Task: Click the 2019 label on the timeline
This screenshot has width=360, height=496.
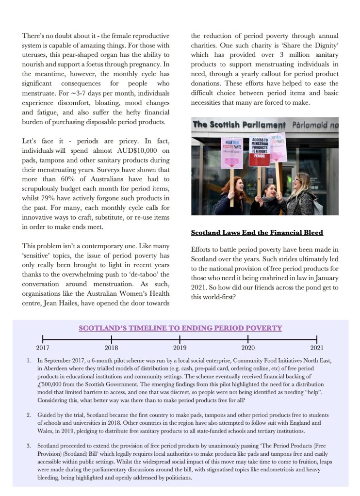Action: [180, 348]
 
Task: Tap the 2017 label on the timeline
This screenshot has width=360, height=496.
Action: [43, 348]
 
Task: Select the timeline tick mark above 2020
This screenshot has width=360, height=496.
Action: [248, 339]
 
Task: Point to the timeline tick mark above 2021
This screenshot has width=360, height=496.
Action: [317, 339]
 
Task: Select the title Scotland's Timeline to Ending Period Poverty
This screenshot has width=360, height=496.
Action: [180, 328]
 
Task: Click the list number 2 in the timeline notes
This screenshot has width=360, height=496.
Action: [29, 416]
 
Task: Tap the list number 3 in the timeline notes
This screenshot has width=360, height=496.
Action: [29, 446]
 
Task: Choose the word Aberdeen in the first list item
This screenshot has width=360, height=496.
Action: [53, 368]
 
